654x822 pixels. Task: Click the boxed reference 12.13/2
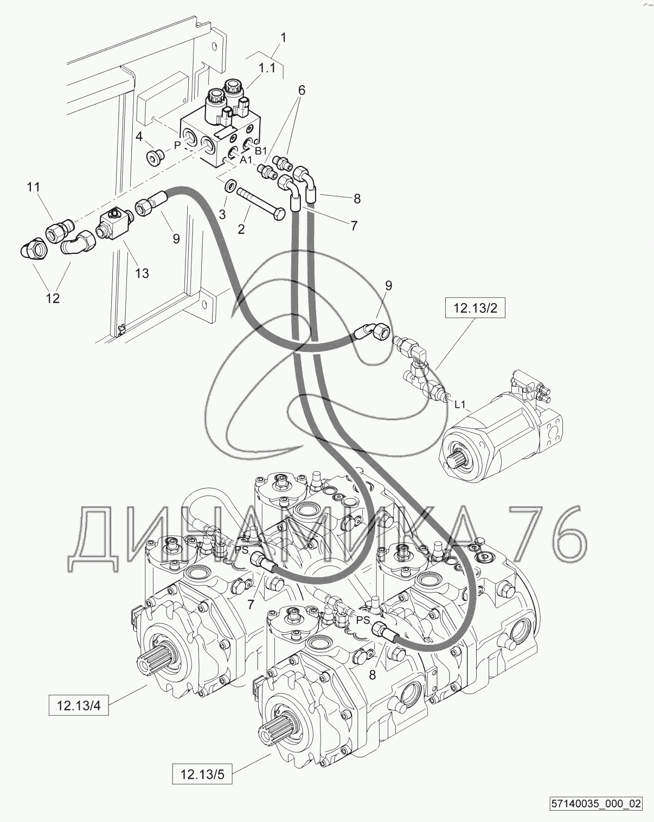(475, 308)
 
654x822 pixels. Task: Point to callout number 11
(33, 187)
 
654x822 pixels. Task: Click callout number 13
(142, 273)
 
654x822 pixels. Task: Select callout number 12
(53, 298)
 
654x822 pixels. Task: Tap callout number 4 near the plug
(139, 136)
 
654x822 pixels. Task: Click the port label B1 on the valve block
(260, 151)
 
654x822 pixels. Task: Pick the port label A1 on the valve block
(246, 160)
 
